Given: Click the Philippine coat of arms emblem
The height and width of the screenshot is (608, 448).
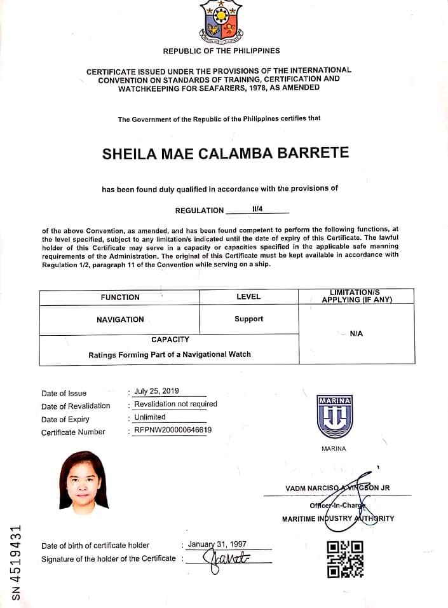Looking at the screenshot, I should point(221,22).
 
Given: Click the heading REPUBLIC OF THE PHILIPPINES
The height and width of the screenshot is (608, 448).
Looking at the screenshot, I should point(221,51).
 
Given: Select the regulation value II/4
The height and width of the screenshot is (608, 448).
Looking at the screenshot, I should point(257,209).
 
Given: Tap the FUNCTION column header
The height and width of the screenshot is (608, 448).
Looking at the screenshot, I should point(120,297).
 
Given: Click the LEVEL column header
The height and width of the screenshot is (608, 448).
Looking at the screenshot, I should point(248,297).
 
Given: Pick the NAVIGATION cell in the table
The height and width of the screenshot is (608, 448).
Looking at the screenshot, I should point(120,319).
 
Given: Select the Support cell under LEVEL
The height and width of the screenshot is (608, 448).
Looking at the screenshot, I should point(248,319).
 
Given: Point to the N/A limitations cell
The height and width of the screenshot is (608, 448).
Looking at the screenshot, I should point(356,334).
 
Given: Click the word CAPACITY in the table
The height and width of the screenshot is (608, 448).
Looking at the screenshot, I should point(170,340).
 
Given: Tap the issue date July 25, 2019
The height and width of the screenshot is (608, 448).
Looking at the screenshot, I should point(156,392).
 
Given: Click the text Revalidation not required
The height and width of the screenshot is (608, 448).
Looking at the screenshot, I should point(175,404).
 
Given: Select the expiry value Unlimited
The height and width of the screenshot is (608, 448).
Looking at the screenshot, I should point(149,417).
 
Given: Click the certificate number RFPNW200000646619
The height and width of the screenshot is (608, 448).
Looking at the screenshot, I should point(173,430).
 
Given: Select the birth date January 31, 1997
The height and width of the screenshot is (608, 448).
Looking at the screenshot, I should point(217,544).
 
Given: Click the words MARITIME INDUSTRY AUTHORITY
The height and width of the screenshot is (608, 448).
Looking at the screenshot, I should point(338,518).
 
